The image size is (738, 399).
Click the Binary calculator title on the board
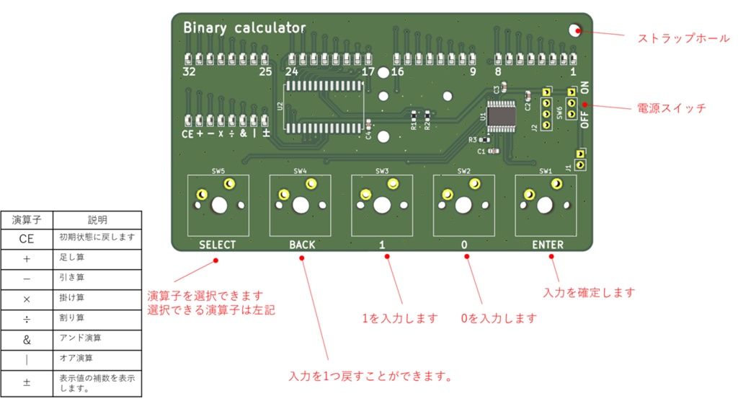(x=244, y=28)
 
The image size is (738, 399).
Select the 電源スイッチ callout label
(x=671, y=108)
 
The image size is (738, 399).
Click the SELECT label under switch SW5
(x=217, y=245)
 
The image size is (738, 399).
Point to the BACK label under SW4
(x=302, y=245)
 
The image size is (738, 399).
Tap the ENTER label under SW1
(x=548, y=245)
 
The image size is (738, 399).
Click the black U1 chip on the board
(x=500, y=115)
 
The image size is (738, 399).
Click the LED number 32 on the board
(x=189, y=71)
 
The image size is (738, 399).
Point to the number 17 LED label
(x=368, y=71)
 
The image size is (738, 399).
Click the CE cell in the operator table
(x=27, y=238)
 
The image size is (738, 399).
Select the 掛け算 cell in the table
(x=71, y=297)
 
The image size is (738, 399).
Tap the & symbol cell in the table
(x=27, y=338)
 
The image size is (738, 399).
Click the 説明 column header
(x=97, y=219)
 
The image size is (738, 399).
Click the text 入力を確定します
(x=589, y=292)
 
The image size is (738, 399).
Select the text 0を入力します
(x=499, y=318)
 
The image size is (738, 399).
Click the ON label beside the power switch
(x=584, y=88)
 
